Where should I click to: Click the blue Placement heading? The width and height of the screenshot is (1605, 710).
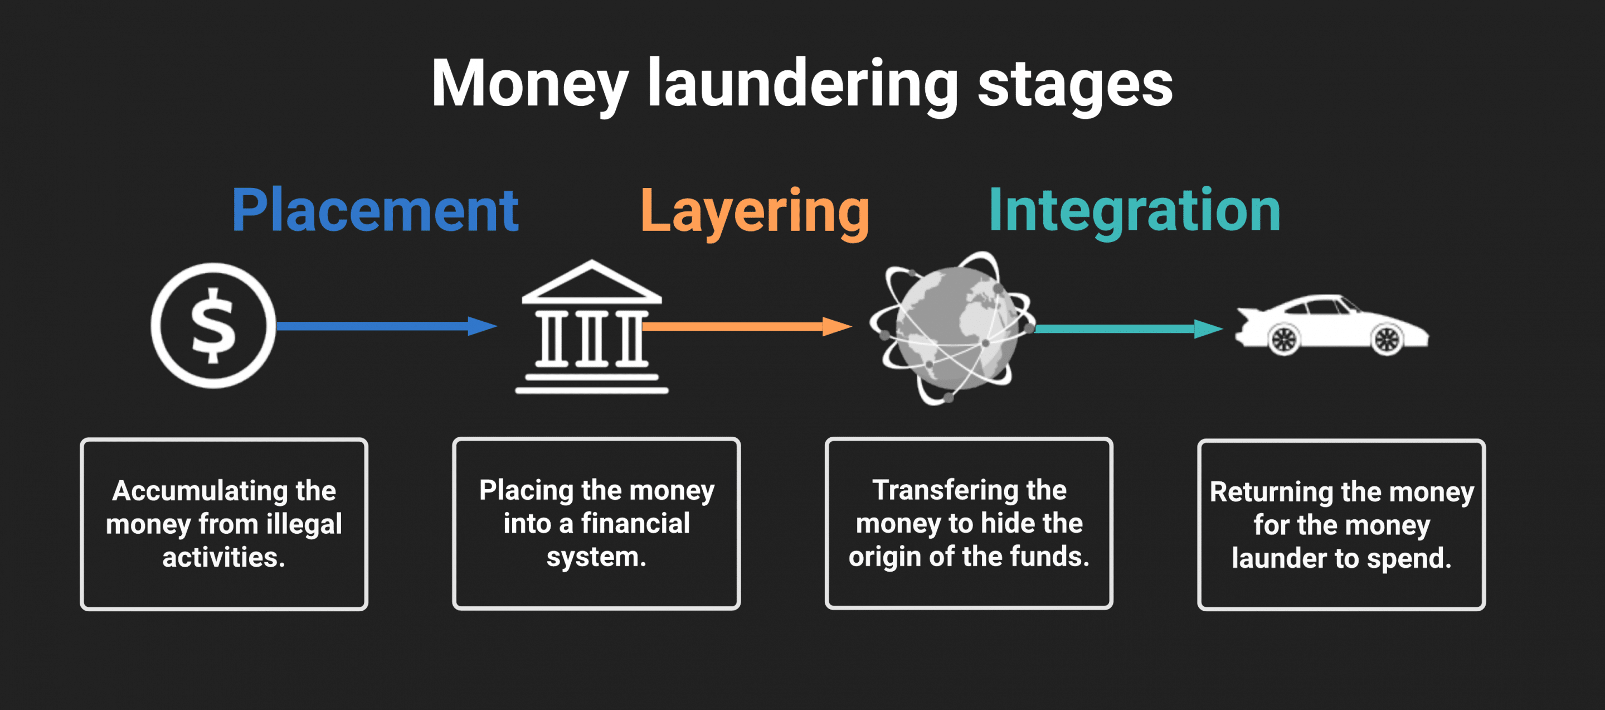pyautogui.click(x=374, y=211)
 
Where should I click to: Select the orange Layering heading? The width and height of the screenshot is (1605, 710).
pyautogui.click(x=755, y=212)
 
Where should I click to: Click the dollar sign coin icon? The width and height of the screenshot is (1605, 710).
pyautogui.click(x=213, y=325)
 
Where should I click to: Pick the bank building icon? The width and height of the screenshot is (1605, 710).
pyautogui.click(x=591, y=328)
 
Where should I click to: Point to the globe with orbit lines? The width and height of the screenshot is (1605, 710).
pyautogui.click(x=952, y=328)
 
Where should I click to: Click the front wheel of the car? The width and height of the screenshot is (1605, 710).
pyautogui.click(x=1387, y=340)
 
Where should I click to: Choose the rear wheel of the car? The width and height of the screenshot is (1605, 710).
pyautogui.click(x=1283, y=340)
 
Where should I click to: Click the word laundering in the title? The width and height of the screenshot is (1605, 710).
pyautogui.click(x=802, y=84)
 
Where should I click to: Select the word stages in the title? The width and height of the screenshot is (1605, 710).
pyautogui.click(x=1075, y=84)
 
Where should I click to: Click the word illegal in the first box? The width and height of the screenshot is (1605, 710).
pyautogui.click(x=304, y=524)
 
